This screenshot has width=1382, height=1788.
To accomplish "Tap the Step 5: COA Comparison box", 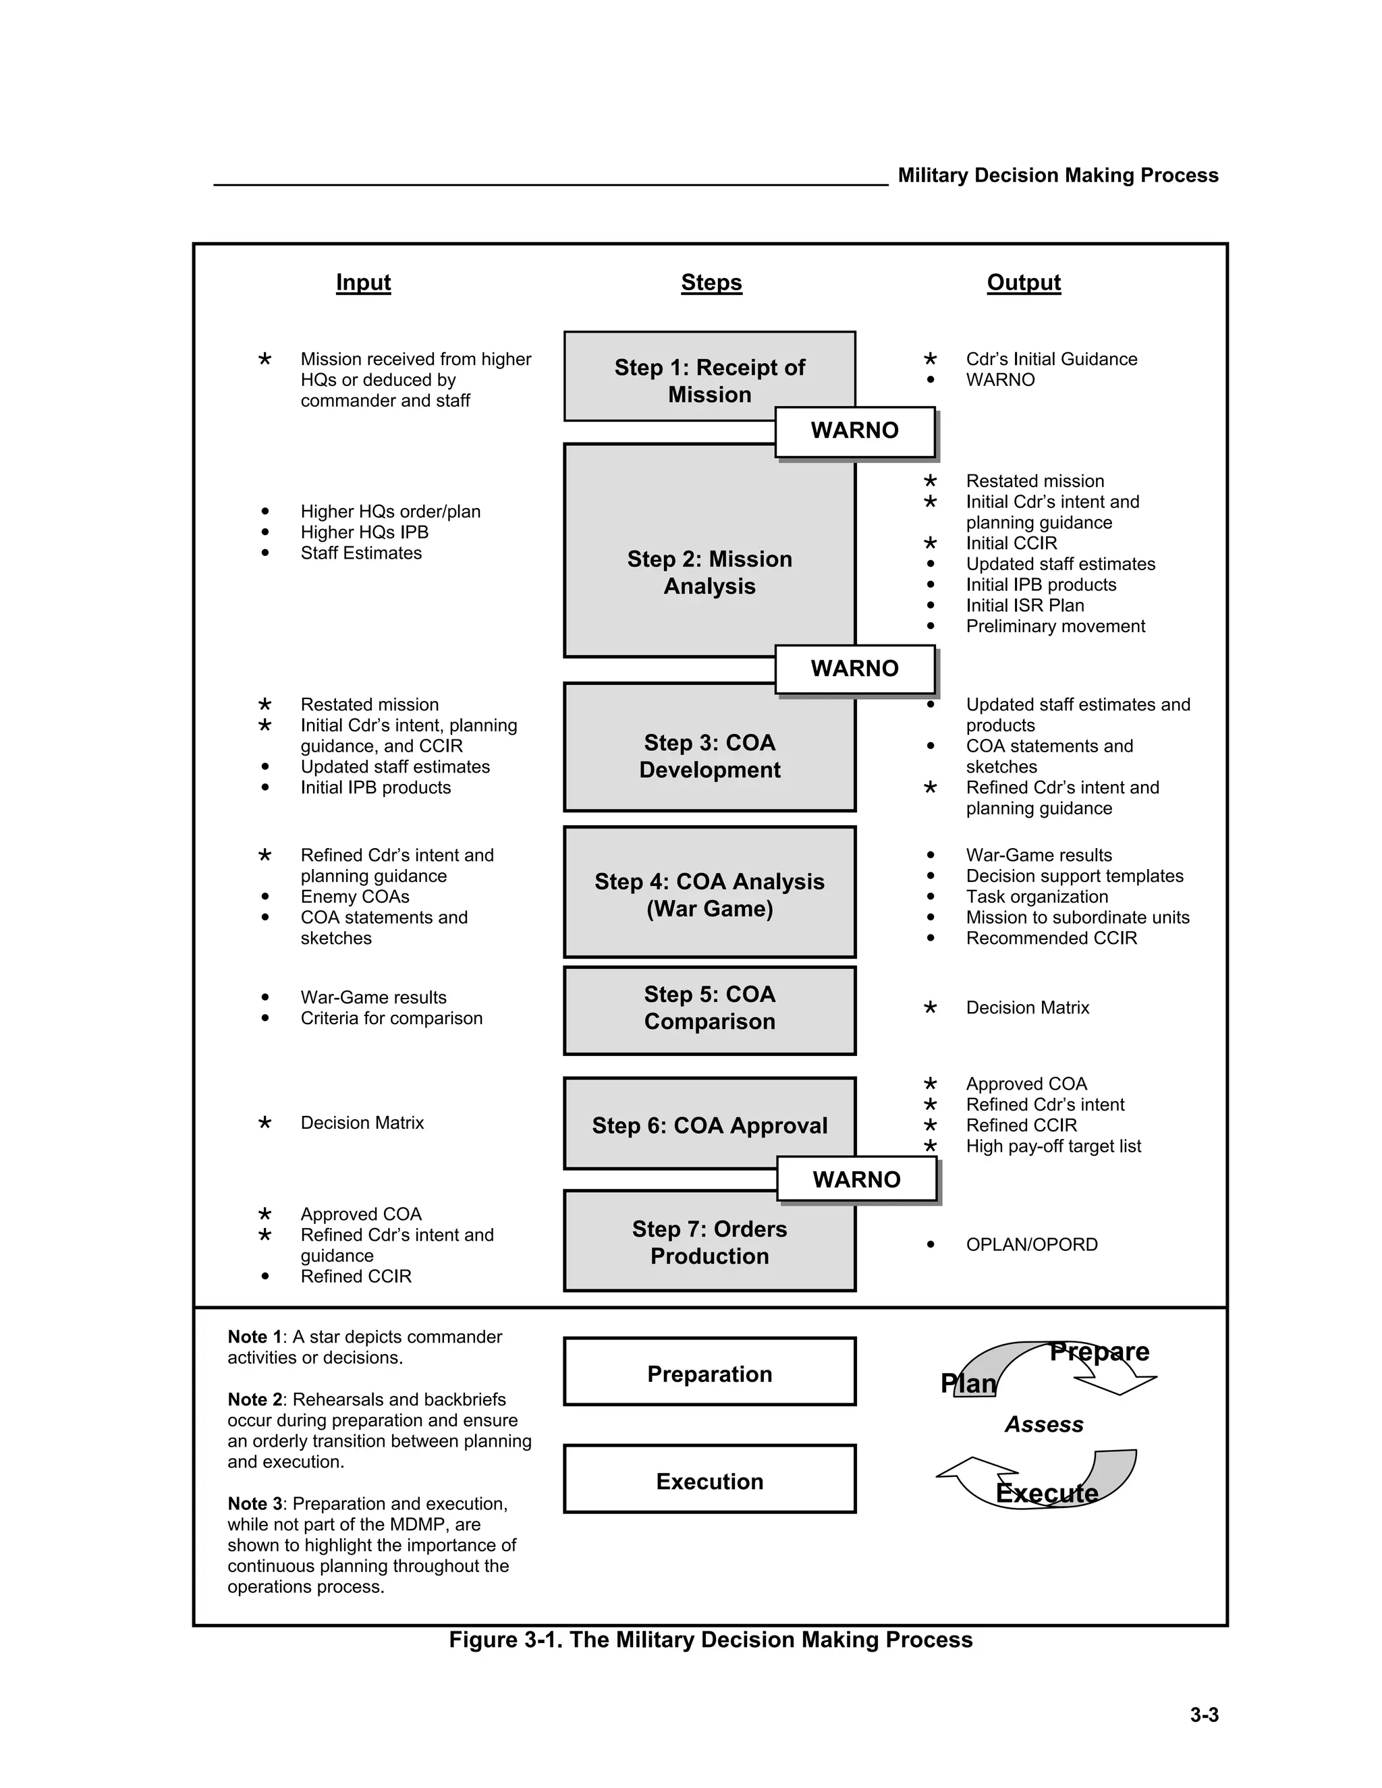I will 709,1009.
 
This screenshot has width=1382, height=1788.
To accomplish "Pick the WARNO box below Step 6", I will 856,1179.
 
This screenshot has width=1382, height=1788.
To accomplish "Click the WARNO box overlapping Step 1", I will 855,430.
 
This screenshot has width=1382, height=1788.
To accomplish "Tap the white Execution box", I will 709,1481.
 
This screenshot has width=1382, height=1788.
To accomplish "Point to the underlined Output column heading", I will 1024,283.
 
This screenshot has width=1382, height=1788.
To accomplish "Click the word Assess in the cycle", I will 1044,1424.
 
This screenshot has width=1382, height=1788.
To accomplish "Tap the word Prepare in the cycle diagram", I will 1099,1351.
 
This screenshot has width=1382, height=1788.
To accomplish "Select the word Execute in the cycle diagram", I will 1047,1493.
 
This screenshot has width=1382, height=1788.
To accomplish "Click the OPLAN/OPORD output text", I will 1032,1244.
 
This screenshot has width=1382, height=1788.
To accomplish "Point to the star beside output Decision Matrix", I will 930,1008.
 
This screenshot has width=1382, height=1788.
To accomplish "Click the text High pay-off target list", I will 1053,1146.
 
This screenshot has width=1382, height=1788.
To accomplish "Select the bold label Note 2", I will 254,1399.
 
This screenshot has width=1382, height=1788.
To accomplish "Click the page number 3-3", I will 1204,1715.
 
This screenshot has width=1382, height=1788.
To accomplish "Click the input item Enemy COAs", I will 354,897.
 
